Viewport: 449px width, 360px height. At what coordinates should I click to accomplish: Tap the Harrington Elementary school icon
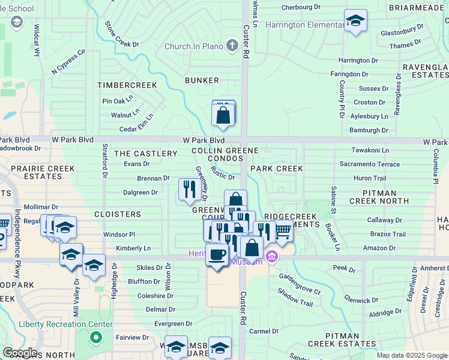pos(355,21)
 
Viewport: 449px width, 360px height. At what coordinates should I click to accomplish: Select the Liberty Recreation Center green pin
pos(95,338)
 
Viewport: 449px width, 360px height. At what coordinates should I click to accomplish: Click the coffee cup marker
pos(217,254)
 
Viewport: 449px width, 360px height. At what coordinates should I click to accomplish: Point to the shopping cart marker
pos(283,230)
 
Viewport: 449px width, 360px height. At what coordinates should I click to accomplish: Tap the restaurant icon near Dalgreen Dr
pos(190,190)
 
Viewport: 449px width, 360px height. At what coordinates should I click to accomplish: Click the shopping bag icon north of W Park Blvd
pos(223,114)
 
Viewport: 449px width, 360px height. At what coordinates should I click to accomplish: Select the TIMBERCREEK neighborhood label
pos(127,85)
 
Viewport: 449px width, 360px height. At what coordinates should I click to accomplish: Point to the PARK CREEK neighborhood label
pos(277,169)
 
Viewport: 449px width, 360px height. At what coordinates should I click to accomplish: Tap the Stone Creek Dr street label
pos(122,35)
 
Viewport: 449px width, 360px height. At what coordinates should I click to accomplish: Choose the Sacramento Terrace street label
pos(369,164)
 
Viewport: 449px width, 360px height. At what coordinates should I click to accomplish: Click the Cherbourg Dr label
pos(301,7)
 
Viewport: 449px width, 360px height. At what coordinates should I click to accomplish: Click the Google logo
pos(20,353)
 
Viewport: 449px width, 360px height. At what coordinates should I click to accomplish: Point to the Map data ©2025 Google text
pos(412,355)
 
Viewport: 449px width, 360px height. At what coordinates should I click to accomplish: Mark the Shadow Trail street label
pos(295,296)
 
